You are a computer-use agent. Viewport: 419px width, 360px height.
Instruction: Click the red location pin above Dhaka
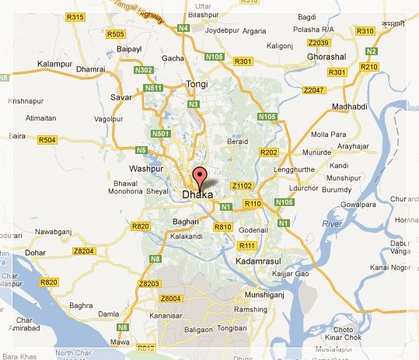(199, 176)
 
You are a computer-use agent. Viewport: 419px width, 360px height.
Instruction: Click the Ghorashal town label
(326, 58)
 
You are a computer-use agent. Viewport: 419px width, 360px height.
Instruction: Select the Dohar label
(35, 252)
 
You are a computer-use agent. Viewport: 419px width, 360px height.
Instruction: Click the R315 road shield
(75, 16)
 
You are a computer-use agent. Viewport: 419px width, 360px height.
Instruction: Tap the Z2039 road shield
(319, 43)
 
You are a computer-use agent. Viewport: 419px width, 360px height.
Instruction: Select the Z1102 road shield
(242, 186)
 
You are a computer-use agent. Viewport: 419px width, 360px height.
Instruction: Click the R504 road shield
(47, 140)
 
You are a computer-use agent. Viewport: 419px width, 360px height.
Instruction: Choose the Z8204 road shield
(83, 251)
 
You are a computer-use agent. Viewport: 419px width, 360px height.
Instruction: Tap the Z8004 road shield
(170, 299)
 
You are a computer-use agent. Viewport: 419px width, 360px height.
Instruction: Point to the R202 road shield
(270, 152)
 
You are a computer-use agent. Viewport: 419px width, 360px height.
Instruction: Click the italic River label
(332, 223)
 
